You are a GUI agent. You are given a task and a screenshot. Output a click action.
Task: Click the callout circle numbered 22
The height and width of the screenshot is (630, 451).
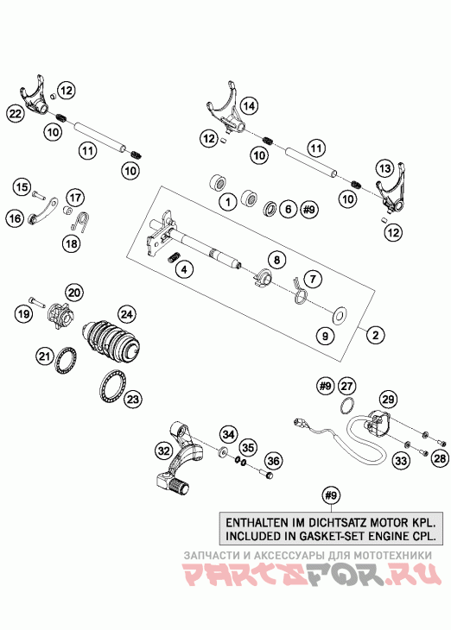coord(16,114)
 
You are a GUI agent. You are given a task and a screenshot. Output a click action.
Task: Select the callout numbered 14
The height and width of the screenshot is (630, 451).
coord(249,106)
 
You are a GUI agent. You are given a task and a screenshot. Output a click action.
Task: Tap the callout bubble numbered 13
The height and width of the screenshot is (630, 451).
coord(384,168)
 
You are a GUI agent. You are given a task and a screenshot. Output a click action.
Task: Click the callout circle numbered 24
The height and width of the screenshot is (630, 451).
coord(127,314)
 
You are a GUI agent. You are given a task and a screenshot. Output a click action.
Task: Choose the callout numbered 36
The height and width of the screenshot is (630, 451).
coord(273,461)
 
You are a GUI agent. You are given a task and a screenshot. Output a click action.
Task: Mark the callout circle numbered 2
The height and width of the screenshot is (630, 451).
coord(375,334)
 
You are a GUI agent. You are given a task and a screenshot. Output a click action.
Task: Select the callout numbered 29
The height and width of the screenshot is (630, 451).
coord(388,400)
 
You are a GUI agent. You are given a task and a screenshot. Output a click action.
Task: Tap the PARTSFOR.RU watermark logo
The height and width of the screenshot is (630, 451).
coord(311,573)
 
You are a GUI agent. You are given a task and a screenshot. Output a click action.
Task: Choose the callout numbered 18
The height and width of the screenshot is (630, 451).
coord(72,243)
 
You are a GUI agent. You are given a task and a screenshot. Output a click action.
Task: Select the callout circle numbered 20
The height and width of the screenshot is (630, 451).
coord(75,293)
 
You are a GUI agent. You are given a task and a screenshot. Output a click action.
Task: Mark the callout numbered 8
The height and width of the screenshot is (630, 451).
coord(276,260)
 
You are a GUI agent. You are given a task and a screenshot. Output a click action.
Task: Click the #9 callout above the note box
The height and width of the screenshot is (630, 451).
coord(331,495)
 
